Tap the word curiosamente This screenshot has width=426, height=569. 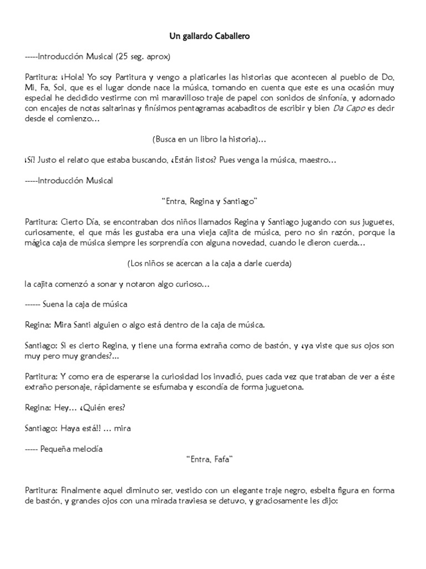click(x=48, y=232)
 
